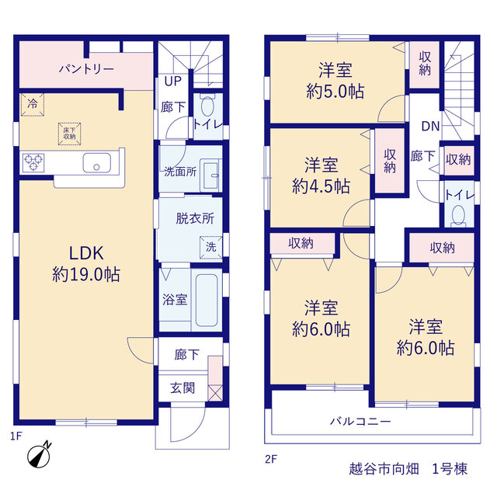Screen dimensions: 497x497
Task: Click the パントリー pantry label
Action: (86, 69)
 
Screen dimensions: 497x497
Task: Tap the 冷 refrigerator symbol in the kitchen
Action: (32, 104)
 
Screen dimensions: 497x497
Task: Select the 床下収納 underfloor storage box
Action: (69, 134)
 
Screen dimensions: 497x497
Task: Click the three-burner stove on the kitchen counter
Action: (33, 162)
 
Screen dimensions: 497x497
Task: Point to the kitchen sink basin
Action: (96, 163)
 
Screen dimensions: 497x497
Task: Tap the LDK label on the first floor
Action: (86, 253)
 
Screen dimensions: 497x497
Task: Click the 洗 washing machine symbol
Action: (210, 247)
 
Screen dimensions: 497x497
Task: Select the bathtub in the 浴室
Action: (207, 300)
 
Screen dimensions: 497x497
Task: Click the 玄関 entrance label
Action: (182, 388)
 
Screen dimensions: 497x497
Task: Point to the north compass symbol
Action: (39, 456)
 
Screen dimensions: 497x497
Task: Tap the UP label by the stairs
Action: (172, 82)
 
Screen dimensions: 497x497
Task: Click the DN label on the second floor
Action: (430, 127)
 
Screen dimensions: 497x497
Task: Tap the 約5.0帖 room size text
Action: (335, 92)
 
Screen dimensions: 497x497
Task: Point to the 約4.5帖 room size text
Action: (321, 186)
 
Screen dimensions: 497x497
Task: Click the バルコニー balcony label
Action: (360, 421)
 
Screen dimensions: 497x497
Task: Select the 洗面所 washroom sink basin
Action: (211, 176)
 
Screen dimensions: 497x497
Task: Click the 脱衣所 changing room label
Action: (195, 218)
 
